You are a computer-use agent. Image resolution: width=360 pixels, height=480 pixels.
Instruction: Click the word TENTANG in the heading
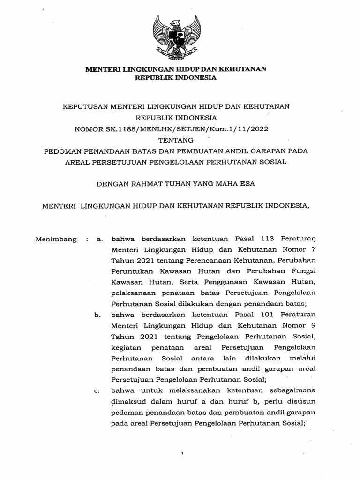pos(176,139)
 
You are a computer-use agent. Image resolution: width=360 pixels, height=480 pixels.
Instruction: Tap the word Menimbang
pos(56,239)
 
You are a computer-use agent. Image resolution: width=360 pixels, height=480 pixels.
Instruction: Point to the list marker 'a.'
pos(99,239)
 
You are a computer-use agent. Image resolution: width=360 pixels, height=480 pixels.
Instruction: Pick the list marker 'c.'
pos(97,391)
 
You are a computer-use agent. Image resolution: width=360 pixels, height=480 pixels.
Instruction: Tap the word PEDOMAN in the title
pos(63,151)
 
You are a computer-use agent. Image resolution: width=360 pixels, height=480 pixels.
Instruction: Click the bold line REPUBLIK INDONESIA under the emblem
pos(176,78)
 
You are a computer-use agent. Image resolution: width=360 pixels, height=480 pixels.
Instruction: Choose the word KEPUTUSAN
pos(85,106)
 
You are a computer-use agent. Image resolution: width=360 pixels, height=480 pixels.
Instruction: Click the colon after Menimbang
pos(87,239)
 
